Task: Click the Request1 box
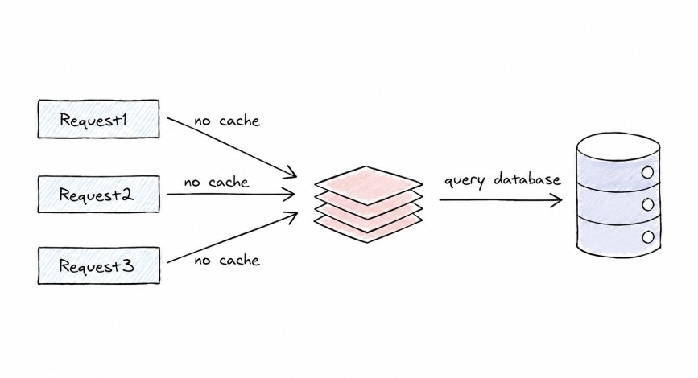(x=98, y=119)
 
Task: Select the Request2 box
(x=98, y=195)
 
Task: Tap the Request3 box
(x=98, y=265)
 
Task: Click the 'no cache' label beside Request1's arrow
(x=226, y=121)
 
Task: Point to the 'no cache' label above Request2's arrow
(x=217, y=182)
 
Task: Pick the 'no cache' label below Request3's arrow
(x=226, y=260)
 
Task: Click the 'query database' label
(x=502, y=180)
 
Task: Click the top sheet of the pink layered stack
(x=369, y=184)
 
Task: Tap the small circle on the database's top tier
(x=648, y=172)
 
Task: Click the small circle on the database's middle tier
(x=648, y=204)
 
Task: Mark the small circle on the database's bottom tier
(x=648, y=236)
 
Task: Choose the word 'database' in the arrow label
(x=527, y=179)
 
